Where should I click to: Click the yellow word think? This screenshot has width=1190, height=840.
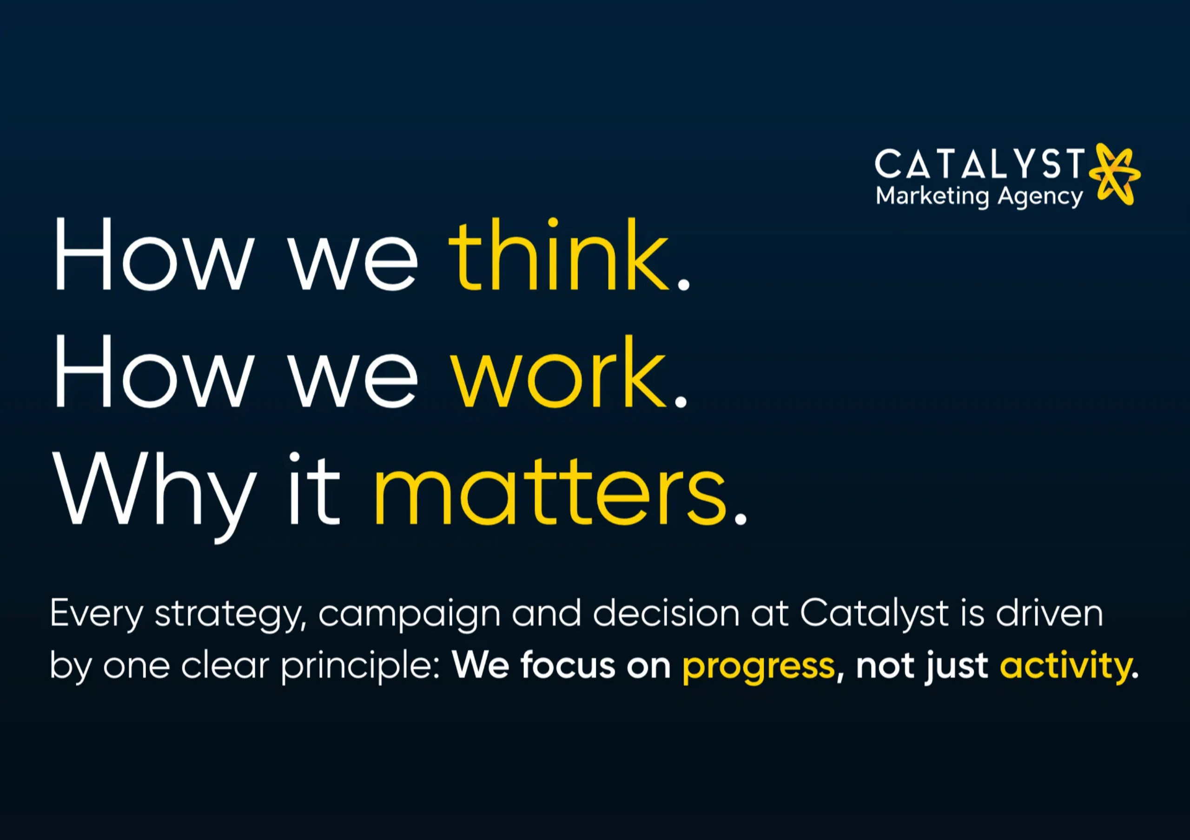point(559,254)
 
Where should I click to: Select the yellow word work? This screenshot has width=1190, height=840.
point(558,371)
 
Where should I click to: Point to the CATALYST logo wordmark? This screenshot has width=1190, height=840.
point(979,164)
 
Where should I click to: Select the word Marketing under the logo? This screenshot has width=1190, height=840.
point(932,197)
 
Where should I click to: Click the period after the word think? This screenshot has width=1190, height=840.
point(684,284)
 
